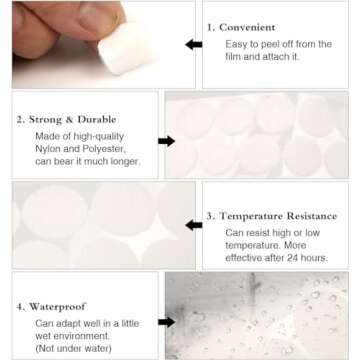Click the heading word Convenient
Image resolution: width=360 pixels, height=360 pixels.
249,27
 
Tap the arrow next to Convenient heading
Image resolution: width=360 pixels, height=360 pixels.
193,45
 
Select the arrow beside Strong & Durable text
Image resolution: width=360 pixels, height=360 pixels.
166,141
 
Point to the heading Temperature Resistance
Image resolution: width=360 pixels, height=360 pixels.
285,215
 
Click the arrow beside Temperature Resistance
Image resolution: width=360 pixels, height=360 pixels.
193,225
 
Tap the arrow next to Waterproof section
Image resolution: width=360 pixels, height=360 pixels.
166,320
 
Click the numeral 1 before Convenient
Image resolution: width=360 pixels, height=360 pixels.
210,27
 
